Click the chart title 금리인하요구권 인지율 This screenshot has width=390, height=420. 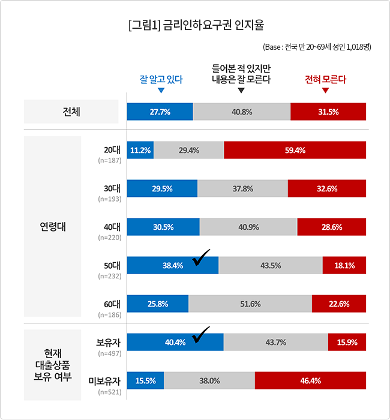[x=213, y=25]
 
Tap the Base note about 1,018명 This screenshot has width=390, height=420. [x=317, y=47]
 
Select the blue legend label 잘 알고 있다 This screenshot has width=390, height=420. [x=161, y=79]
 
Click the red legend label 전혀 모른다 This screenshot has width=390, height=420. [x=325, y=79]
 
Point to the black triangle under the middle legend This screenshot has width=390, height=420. [x=241, y=90]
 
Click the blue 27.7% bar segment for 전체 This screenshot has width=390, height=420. [x=160, y=112]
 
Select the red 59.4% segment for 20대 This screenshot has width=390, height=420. [x=295, y=150]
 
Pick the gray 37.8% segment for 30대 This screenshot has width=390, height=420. [x=242, y=188]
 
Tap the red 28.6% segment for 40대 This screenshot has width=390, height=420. [x=332, y=227]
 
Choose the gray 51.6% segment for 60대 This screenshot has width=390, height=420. [x=250, y=304]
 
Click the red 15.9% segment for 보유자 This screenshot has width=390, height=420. [x=347, y=342]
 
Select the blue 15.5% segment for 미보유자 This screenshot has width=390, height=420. [x=145, y=380]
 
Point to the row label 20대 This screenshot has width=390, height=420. [x=112, y=150]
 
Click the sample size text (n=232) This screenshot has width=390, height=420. [x=110, y=276]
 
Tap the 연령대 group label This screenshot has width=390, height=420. [x=53, y=227]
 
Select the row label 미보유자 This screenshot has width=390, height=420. [x=105, y=381]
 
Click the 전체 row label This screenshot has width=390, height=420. [x=71, y=112]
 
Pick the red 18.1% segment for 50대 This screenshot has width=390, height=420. [x=344, y=265]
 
